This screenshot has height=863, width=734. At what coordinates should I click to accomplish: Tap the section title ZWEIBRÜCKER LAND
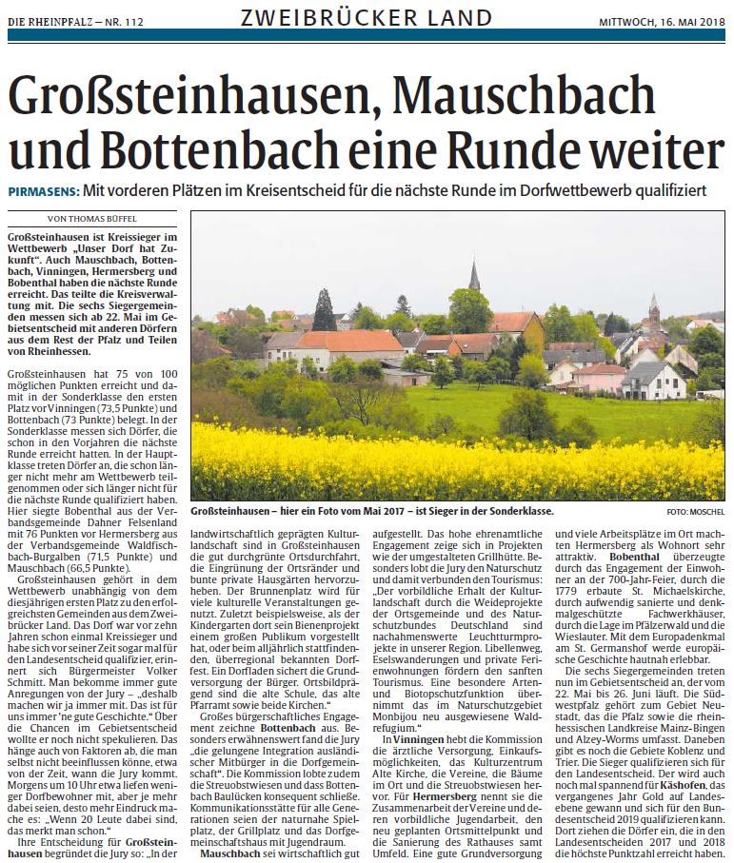point(367,17)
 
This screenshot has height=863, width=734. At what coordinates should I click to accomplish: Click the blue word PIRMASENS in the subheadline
point(42,190)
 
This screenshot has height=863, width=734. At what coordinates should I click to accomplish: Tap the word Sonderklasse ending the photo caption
point(519,511)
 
